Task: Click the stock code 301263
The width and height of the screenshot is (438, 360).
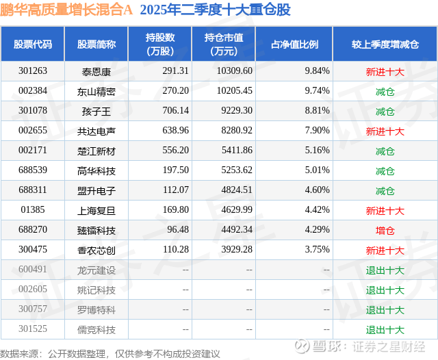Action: coord(33,71)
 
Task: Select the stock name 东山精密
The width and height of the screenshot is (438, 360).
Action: coord(96,91)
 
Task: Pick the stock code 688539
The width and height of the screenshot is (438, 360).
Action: coord(33,170)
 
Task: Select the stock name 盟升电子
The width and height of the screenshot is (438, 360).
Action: coord(96,190)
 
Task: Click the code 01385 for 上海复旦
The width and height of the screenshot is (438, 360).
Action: coord(33,210)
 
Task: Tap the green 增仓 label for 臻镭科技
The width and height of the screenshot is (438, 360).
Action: coord(385,231)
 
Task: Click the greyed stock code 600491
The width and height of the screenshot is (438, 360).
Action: coord(33,270)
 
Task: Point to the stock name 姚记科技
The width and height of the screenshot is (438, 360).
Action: coord(96,290)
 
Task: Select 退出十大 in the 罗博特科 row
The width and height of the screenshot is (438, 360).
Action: coord(385,309)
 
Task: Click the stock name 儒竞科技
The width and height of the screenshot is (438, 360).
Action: coord(96,329)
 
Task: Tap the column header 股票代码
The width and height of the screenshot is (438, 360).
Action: coord(33,44)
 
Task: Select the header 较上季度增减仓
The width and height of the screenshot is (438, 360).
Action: coord(385,44)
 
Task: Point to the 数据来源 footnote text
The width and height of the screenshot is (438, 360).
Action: coord(110,353)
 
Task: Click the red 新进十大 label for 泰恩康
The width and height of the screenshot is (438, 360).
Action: coord(385,71)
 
